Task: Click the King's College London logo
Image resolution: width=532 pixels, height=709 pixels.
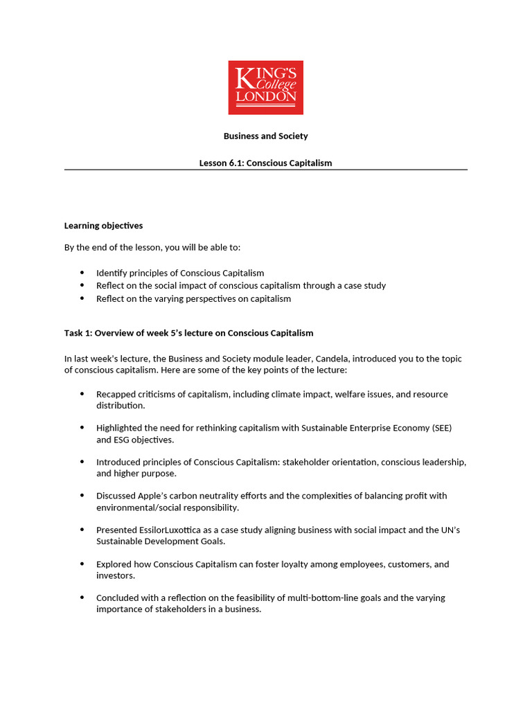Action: (x=265, y=87)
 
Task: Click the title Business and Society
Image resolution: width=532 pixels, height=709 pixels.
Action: (x=265, y=136)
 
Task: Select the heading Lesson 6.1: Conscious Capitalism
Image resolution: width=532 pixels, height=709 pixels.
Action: (x=265, y=163)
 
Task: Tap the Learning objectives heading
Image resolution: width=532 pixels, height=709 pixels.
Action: (x=103, y=226)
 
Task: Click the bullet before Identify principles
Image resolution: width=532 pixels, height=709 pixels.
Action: (x=82, y=273)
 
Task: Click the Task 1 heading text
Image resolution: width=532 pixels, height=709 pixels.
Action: (x=188, y=333)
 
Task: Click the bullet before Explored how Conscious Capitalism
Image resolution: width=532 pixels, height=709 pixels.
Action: (x=82, y=564)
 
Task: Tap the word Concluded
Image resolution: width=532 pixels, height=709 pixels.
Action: (x=119, y=598)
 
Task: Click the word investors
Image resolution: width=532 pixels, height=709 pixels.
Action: (x=115, y=575)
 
